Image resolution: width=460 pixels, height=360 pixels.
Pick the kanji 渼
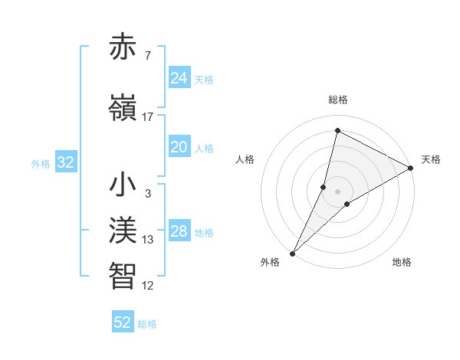click(123, 230)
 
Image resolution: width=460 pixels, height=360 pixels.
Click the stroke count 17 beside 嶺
click(148, 117)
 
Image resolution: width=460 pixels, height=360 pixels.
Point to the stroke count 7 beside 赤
click(148, 56)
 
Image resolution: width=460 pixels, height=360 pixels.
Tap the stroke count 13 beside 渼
click(148, 240)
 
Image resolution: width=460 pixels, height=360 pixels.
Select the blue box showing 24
click(179, 78)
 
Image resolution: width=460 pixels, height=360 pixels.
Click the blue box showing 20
click(179, 148)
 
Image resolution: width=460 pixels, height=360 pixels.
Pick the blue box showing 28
click(179, 232)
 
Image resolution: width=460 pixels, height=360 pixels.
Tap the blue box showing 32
click(65, 162)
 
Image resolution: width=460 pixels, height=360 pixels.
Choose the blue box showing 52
click(123, 322)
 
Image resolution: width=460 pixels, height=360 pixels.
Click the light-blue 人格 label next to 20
click(204, 149)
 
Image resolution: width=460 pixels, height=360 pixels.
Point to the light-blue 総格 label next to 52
click(147, 324)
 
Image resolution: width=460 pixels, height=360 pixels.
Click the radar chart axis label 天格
click(431, 159)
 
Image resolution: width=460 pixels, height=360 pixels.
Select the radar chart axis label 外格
click(270, 262)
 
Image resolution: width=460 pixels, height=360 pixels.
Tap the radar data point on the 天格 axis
click(411, 168)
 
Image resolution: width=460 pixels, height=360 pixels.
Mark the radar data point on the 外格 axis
click(292, 253)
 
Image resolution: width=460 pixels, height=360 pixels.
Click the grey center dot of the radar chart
click(337, 191)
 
